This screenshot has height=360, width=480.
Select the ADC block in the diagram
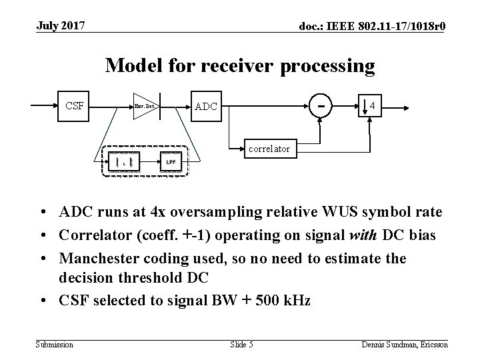point(205,105)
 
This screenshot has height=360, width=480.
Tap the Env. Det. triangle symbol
point(144,105)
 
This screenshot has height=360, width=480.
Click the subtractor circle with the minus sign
point(322,105)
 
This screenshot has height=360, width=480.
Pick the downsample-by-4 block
point(371,105)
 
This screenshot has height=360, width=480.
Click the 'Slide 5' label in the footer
point(242,344)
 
